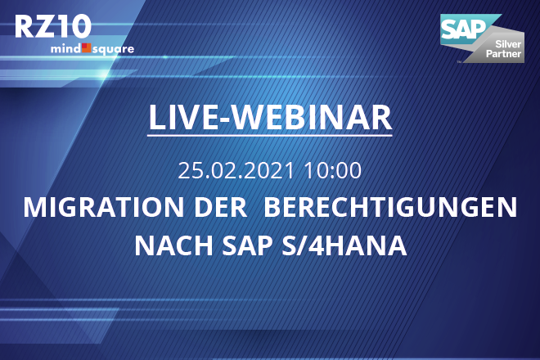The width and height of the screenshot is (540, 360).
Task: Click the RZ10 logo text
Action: click(53, 26)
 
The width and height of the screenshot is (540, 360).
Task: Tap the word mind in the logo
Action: click(65, 48)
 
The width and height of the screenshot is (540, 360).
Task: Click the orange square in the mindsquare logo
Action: click(87, 48)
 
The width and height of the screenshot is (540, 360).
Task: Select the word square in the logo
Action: click(113, 50)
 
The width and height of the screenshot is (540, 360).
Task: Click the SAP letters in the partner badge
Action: click(463, 29)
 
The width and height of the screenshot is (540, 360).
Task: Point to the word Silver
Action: click(508, 44)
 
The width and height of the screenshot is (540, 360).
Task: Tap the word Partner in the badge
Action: click(503, 54)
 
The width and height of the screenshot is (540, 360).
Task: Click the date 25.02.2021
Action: click(236, 170)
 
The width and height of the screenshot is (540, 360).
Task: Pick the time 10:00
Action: click(333, 170)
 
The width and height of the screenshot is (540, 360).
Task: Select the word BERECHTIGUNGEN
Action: click(390, 207)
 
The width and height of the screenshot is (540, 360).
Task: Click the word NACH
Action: click(173, 245)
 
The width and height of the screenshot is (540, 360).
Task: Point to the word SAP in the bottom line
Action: click(247, 245)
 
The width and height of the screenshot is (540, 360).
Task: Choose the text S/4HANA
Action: click(344, 245)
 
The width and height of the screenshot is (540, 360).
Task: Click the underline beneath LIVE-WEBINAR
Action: click(270, 135)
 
